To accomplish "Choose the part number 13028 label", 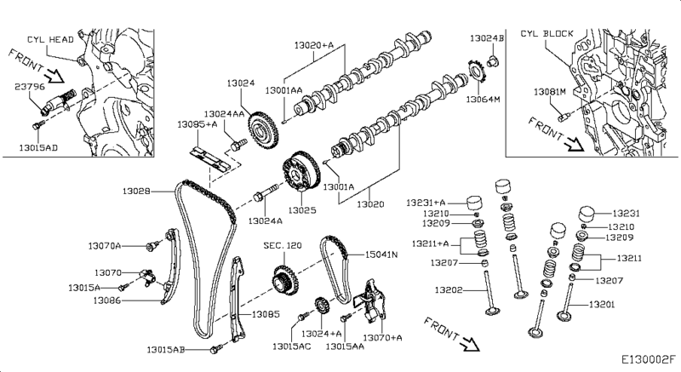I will [x=135, y=192].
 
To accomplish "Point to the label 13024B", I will [x=488, y=38].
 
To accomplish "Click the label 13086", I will [x=106, y=300].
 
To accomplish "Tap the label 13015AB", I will [x=165, y=349].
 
